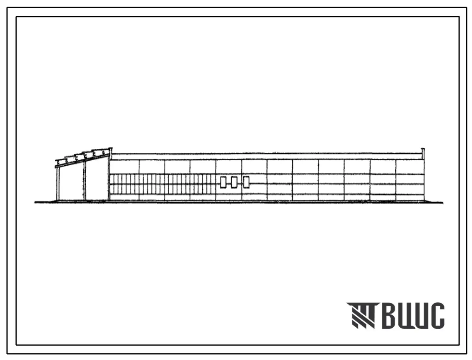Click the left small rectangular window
pos(223,182)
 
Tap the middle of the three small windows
pos(234,182)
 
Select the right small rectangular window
pos(246,182)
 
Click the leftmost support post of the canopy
pos(58,183)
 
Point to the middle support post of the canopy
pos(85,181)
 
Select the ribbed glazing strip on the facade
pos(162,184)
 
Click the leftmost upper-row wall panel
pos(124,167)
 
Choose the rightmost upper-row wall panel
pos(409,167)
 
